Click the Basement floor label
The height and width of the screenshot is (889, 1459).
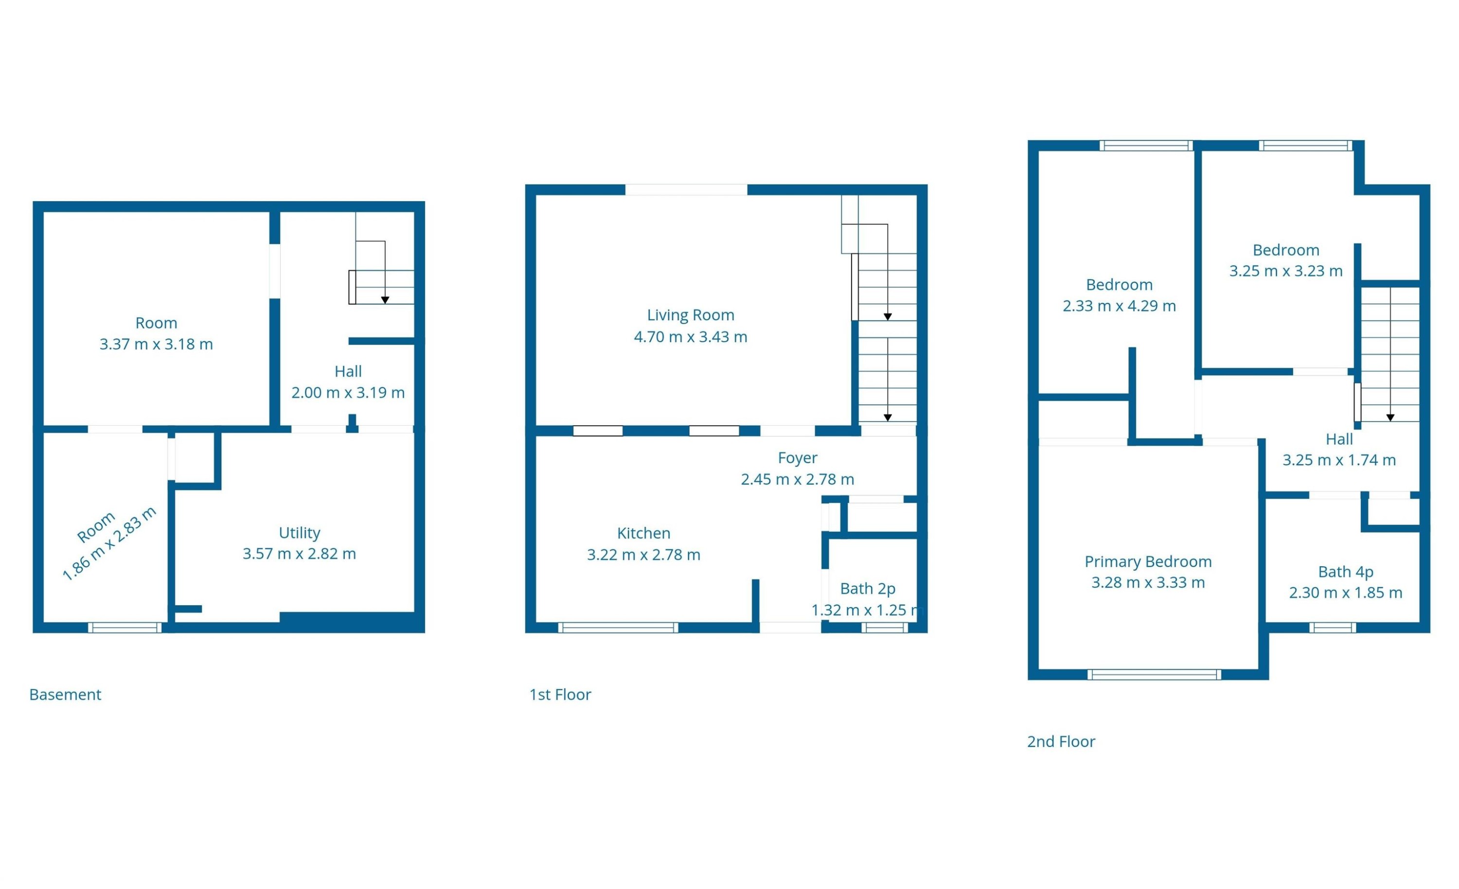(x=65, y=694)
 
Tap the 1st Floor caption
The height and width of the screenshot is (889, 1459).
(x=560, y=694)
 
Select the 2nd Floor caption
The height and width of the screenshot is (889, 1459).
(x=1061, y=741)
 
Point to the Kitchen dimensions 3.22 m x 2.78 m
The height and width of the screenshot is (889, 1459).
(x=643, y=555)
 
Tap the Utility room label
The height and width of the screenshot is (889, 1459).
(x=299, y=533)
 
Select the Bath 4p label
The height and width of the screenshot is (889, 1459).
(x=1345, y=572)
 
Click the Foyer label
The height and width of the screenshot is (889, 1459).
(x=797, y=457)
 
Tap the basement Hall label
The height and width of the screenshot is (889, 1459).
(x=348, y=371)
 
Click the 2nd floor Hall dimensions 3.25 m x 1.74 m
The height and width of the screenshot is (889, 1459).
(x=1339, y=460)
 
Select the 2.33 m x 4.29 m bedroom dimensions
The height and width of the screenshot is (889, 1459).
(x=1119, y=306)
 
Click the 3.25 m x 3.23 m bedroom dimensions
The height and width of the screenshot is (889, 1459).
(x=1285, y=271)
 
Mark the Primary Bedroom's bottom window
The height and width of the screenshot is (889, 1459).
(x=1154, y=674)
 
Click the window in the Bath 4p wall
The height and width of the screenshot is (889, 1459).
(x=1332, y=628)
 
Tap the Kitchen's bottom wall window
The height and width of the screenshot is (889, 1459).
(x=618, y=628)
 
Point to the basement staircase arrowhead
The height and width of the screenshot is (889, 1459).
(x=385, y=300)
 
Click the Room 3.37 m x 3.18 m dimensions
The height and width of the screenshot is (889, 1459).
(x=156, y=344)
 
